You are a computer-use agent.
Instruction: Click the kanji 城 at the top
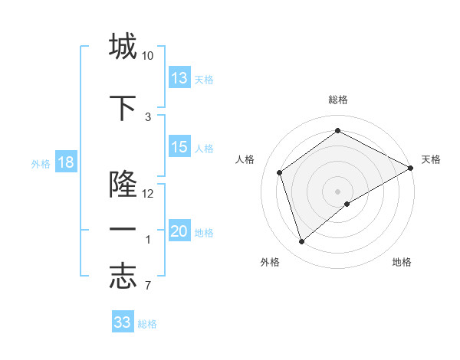(123, 47)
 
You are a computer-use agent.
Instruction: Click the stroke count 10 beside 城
(148, 56)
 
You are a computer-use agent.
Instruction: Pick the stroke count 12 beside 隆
(148, 194)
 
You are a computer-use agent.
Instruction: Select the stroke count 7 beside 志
(147, 286)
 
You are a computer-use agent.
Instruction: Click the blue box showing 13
(179, 78)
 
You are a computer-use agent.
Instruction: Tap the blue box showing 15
(179, 148)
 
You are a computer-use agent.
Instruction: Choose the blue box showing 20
(179, 232)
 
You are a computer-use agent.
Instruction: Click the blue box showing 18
(65, 163)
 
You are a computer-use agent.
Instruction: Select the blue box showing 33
(123, 322)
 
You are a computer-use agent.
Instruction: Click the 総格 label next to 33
(147, 324)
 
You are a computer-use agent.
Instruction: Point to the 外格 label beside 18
(40, 164)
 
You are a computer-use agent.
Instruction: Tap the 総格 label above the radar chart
(337, 100)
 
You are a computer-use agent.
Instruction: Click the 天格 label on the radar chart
(431, 159)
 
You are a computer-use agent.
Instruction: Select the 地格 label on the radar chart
(402, 263)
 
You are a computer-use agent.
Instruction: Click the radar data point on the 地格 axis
(347, 204)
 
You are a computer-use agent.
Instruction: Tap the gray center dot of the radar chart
(337, 191)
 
